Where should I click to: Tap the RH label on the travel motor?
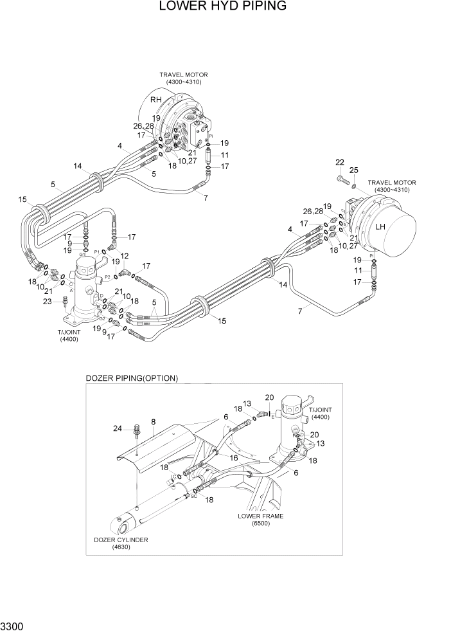pyautogui.click(x=156, y=100)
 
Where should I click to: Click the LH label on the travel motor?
pyautogui.click(x=380, y=227)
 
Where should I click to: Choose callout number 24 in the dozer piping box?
pyautogui.click(x=118, y=428)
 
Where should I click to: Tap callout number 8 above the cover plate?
pyautogui.click(x=153, y=423)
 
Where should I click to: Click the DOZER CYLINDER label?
pyautogui.click(x=121, y=540)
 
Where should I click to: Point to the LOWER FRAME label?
pyautogui.click(x=260, y=516)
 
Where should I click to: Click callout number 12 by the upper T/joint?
pyautogui.click(x=125, y=256)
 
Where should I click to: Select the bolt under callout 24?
pyautogui.click(x=136, y=432)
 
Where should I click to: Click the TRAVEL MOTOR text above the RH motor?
pyautogui.click(x=184, y=75)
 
